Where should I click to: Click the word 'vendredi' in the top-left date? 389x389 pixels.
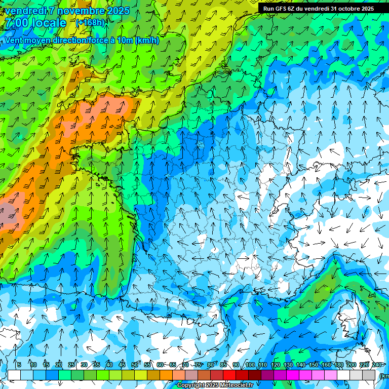(x=24, y=10)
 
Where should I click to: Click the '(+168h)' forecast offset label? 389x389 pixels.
(x=91, y=22)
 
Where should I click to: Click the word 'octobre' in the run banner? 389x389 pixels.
(x=340, y=8)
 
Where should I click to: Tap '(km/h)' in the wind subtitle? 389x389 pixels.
(x=147, y=41)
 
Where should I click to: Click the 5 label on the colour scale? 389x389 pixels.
(x=19, y=365)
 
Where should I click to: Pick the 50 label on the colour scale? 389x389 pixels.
(x=135, y=365)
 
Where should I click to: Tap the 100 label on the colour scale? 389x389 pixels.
(x=250, y=365)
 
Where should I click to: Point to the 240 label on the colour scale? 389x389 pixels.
(x=377, y=365)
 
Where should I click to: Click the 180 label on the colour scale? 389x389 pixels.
(x=338, y=365)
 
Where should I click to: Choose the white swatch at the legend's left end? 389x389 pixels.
(x=14, y=375)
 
